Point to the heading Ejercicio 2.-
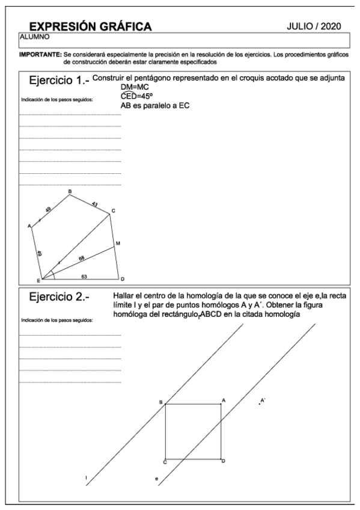coord(58,298)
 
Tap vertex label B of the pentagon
coord(70,191)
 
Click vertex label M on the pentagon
coord(118,243)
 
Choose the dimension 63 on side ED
coord(84,276)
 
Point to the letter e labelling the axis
coord(155,479)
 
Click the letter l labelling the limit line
coord(86,478)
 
